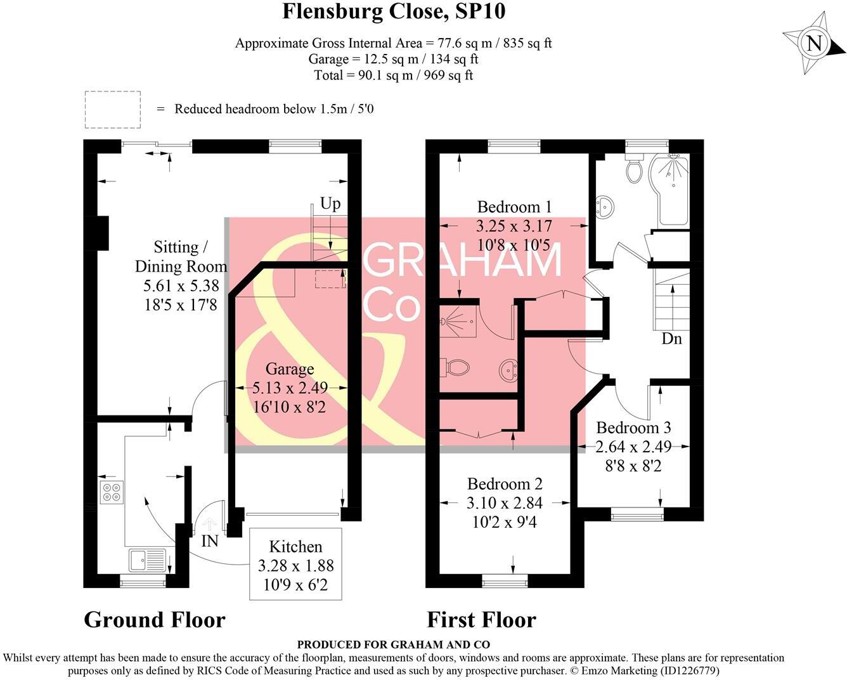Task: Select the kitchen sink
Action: [146, 560]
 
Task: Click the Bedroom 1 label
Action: [514, 207]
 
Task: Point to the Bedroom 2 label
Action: [505, 484]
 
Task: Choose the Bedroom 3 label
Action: [633, 428]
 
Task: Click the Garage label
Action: [289, 369]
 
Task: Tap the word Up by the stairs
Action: [330, 203]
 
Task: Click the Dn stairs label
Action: [671, 339]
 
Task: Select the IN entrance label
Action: [210, 541]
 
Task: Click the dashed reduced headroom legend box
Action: [113, 108]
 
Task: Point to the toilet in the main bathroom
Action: [634, 169]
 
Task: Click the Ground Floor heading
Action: [155, 620]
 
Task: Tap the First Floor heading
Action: [481, 620]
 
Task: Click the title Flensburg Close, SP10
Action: [394, 11]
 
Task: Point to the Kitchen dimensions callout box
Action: [295, 564]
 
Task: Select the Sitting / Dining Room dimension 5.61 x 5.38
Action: [181, 286]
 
